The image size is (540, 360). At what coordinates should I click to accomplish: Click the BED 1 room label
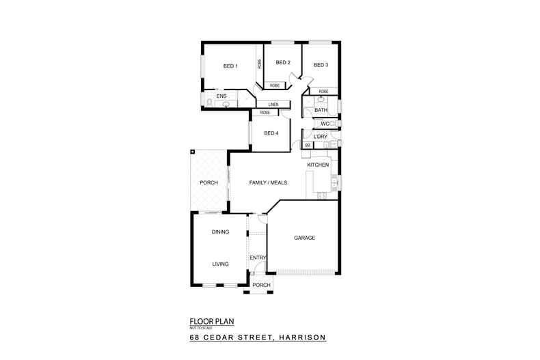coord(230,66)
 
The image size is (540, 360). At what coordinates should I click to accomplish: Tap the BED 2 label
coord(283,63)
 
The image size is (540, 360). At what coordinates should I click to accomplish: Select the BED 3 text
coord(321,65)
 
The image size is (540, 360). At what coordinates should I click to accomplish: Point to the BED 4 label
coord(271,133)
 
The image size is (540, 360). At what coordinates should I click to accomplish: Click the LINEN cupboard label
coord(273,105)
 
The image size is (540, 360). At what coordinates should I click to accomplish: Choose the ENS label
coord(221,96)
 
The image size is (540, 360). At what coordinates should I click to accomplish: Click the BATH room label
coord(321,110)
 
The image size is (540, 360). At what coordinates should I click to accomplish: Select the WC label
coord(325,124)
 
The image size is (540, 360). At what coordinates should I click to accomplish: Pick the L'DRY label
coord(321,137)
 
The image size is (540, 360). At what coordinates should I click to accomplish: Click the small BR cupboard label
coord(308,146)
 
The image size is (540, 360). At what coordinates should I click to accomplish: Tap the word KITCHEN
coord(318,165)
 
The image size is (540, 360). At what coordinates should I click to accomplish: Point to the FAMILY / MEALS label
coord(268,183)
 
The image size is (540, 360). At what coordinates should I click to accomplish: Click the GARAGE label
coord(304,238)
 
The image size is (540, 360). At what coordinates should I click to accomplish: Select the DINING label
coord(220,232)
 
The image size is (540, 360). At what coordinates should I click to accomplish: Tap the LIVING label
coord(220,264)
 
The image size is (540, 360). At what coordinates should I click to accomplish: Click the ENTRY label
coord(258,257)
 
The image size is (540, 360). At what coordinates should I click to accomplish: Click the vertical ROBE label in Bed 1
coord(259,64)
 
